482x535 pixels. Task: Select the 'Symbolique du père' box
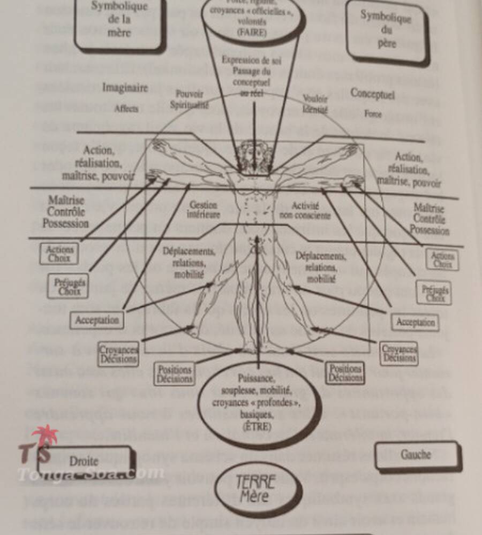(x=387, y=30)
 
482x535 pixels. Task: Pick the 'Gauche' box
(x=416, y=455)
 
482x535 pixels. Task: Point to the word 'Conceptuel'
(x=373, y=94)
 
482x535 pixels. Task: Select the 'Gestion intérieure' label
(x=203, y=210)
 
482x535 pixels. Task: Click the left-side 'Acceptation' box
(x=97, y=320)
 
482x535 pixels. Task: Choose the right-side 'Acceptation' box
(x=416, y=323)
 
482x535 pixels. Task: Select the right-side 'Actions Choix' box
(x=442, y=259)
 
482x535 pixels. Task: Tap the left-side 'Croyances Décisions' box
(x=118, y=354)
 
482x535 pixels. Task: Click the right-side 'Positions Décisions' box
(x=345, y=373)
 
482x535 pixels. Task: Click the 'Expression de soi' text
(x=251, y=60)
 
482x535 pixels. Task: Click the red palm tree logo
(x=44, y=437)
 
